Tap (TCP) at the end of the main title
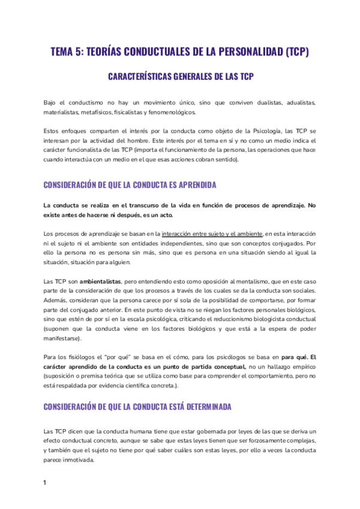click(x=295, y=52)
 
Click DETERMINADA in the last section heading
click(x=196, y=406)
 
